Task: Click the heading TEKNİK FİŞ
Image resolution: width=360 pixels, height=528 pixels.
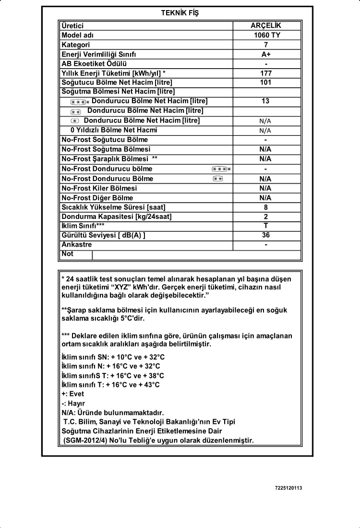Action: click(180, 13)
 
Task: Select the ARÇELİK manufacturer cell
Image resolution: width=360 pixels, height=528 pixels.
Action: click(266, 26)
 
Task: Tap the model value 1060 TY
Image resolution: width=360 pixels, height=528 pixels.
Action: click(266, 36)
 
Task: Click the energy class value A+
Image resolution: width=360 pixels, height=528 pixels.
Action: click(266, 54)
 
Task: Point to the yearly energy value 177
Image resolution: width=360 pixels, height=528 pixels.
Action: click(266, 73)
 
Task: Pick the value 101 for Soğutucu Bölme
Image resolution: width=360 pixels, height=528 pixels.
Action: click(266, 82)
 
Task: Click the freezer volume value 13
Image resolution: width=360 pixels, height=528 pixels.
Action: click(266, 101)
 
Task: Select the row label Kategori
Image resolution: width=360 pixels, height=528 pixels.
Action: click(76, 45)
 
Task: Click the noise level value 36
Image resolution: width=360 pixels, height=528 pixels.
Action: click(266, 235)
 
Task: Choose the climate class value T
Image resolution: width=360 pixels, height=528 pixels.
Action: click(266, 226)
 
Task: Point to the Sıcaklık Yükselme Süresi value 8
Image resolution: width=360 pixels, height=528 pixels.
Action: click(266, 207)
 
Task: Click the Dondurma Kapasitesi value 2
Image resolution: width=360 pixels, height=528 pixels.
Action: click(266, 216)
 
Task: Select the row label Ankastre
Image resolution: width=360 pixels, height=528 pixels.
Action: click(77, 244)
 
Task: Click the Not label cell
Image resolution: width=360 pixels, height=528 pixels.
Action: click(68, 254)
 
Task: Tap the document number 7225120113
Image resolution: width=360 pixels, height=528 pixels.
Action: click(288, 488)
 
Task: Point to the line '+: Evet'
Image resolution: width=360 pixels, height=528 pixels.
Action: click(73, 394)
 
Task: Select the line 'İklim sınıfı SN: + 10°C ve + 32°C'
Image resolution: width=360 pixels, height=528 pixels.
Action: click(113, 357)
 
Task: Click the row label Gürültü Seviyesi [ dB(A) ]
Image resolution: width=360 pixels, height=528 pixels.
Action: click(103, 235)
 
